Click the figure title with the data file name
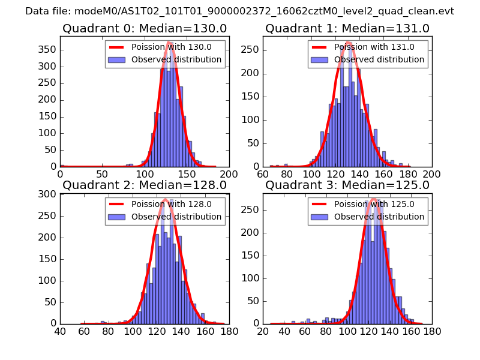pos(240,11)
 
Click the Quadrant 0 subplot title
pos(144,28)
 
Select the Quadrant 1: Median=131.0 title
pos(347,28)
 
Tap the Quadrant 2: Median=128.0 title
pos(144,185)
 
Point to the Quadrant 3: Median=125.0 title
pos(347,185)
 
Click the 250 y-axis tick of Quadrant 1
pos(251,49)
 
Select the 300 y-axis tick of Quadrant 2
pos(49,194)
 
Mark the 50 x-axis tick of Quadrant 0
pos(102,173)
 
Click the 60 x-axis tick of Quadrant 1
pos(263,173)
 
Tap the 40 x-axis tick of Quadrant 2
pos(60,330)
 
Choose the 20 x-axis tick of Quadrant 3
pos(263,330)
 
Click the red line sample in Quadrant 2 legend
pos(117,204)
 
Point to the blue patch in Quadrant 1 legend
pos(320,59)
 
